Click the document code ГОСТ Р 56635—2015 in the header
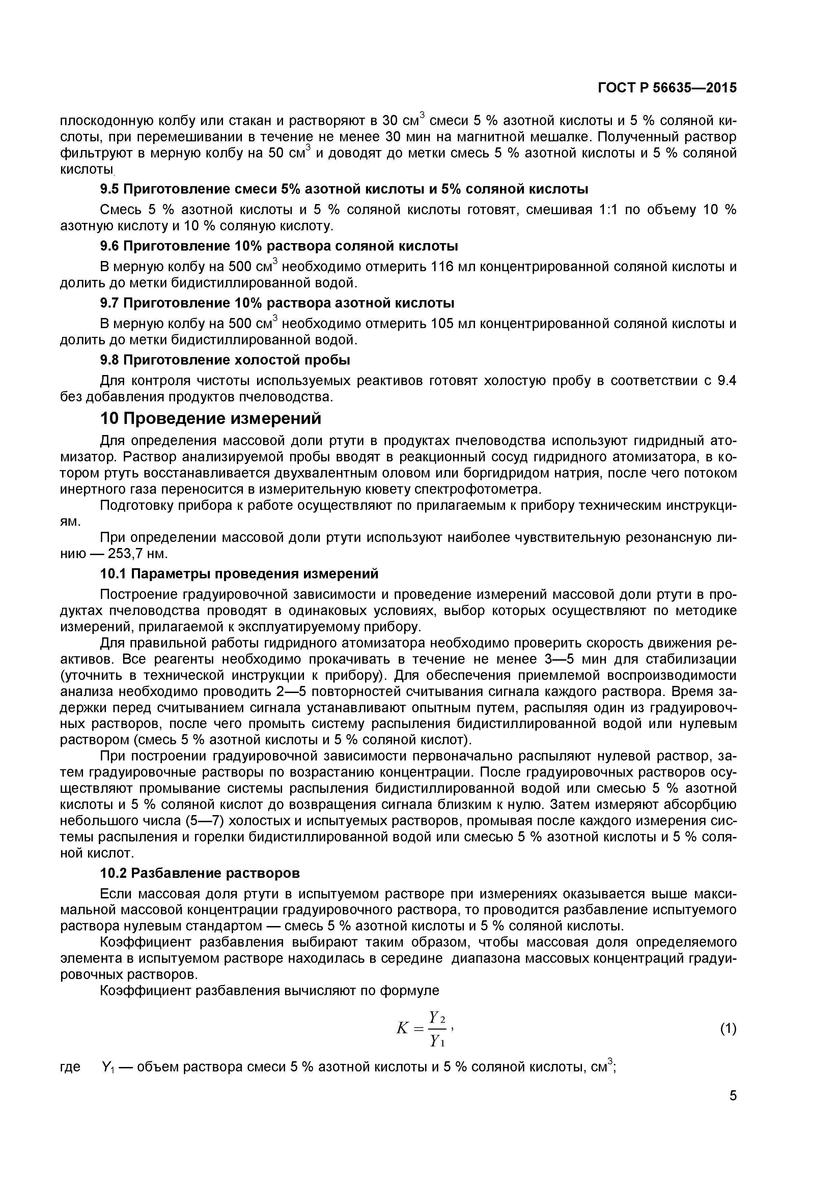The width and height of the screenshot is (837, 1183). [x=667, y=88]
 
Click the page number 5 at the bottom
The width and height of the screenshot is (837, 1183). [x=733, y=1109]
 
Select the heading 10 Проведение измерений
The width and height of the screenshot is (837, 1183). [x=210, y=419]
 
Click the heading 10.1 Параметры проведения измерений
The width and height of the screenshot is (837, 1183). [x=239, y=574]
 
